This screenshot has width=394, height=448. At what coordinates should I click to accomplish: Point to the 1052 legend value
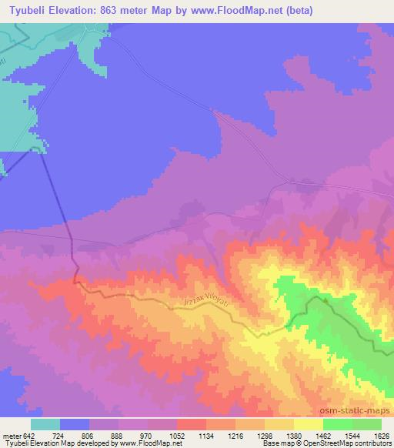[x=176, y=435]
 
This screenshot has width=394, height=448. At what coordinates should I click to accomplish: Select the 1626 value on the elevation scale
[x=382, y=435]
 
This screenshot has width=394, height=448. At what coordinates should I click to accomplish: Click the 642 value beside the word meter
[x=30, y=435]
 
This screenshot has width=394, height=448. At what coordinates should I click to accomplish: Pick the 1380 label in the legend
[x=294, y=435]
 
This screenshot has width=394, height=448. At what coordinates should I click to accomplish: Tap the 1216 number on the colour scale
[x=235, y=435]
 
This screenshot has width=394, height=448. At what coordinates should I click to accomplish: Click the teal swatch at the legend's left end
[x=45, y=424]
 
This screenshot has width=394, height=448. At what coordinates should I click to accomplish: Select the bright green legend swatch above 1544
[x=338, y=424]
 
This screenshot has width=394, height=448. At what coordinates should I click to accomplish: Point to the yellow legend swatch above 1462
[x=309, y=424]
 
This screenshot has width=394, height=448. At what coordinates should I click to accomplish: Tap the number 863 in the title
[x=124, y=9]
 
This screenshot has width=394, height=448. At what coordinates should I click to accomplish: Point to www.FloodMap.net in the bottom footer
[x=145, y=444]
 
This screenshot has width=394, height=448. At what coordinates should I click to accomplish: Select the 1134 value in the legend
[x=206, y=435]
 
